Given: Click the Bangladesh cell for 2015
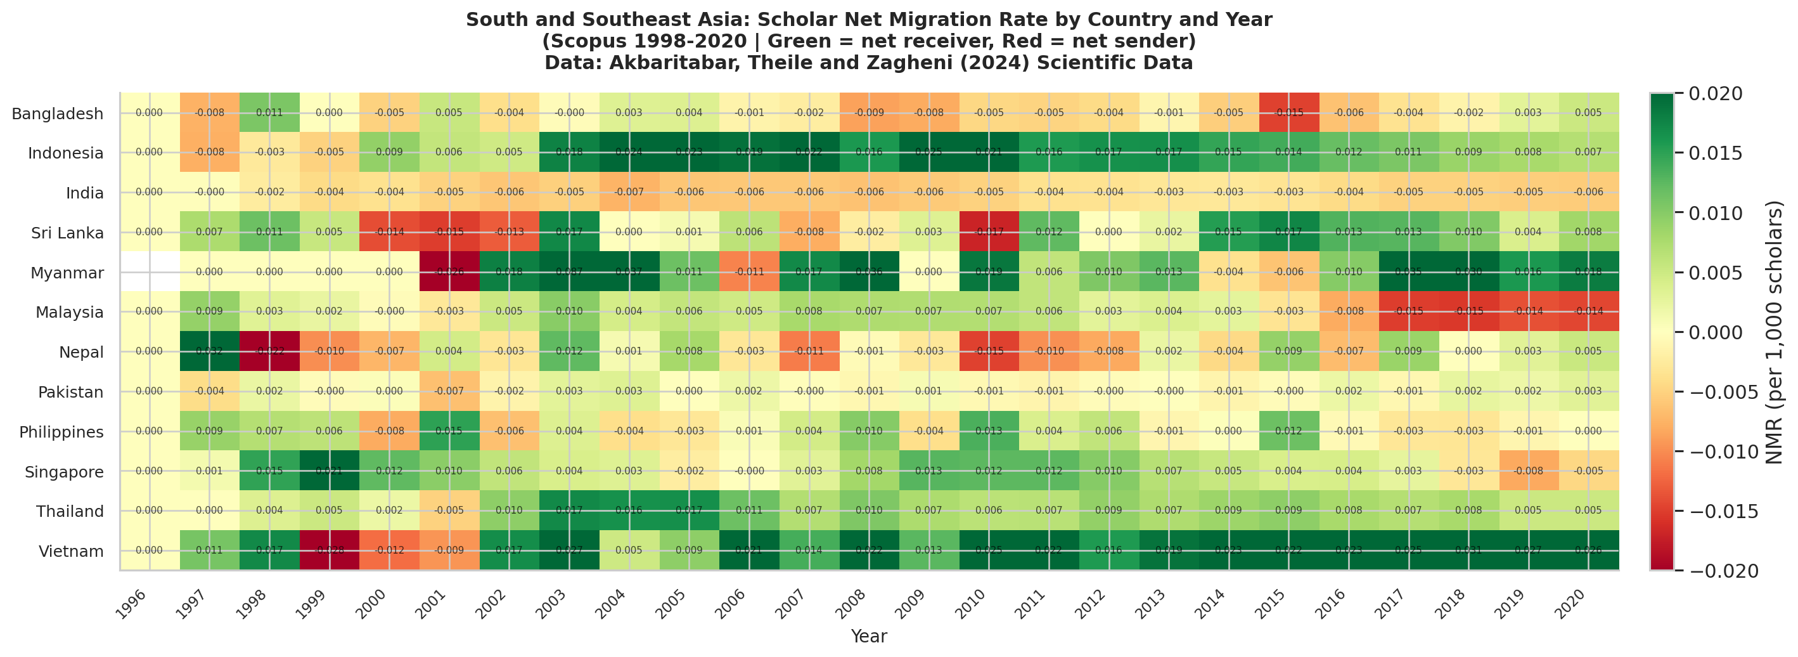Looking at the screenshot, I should pos(1288,112).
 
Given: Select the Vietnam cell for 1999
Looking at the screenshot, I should pos(330,551).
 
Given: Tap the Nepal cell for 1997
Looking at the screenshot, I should pos(209,351).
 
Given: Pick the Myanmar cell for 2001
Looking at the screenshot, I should pos(449,272).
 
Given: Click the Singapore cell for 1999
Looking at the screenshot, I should pos(330,471).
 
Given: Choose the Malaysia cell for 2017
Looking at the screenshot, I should pos(1408,311).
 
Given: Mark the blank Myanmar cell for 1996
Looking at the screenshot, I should pos(150,272).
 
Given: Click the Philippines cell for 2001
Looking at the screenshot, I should pos(449,431).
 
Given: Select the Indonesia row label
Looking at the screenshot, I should pos(66,153).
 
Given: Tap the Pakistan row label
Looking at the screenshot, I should pos(70,392).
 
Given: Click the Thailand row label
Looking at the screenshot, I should pos(70,511).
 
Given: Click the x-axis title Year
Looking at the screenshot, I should pos(869,636).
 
